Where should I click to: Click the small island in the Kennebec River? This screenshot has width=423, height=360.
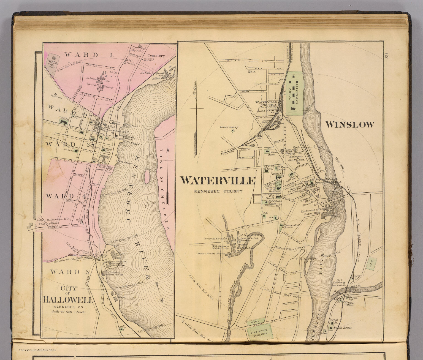click(x=147, y=175)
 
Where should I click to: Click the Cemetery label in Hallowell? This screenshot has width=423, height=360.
click(x=156, y=56)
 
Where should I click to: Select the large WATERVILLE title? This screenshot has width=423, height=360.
click(x=218, y=181)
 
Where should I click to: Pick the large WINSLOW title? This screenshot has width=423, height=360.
click(x=350, y=124)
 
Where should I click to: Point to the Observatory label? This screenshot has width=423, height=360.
click(x=229, y=127)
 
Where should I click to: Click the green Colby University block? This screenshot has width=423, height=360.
click(x=294, y=94)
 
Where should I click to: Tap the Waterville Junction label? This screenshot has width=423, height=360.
click(x=266, y=103)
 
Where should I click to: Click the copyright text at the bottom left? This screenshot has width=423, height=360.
click(x=37, y=350)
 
